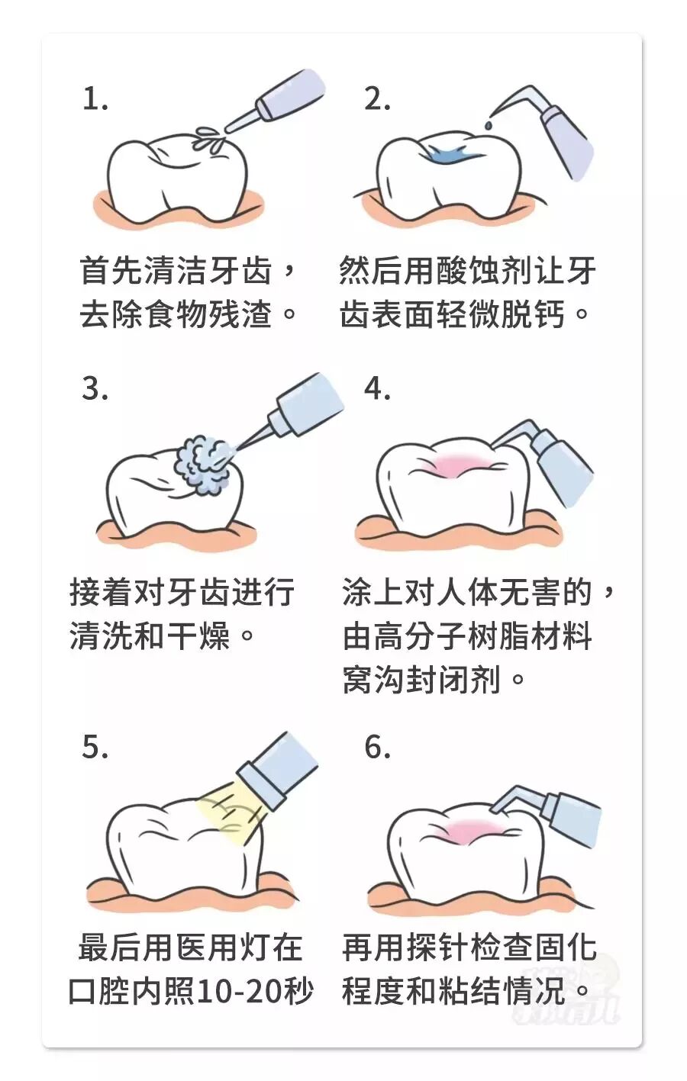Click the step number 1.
[95, 99]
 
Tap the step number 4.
[377, 388]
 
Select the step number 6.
[377, 747]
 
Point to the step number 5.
[95, 747]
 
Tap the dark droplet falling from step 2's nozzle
[489, 124]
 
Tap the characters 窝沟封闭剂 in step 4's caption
[421, 680]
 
